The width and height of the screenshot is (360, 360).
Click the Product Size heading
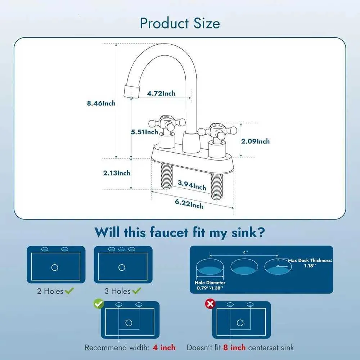click(180, 23)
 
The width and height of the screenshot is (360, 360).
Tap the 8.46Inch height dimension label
click(101, 103)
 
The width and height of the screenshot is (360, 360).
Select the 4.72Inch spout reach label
click(161, 94)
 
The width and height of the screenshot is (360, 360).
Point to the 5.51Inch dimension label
click(144, 132)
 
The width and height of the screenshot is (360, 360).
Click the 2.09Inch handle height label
click(255, 141)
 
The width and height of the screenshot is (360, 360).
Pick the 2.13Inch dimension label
click(117, 173)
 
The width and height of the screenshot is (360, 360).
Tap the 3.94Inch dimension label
click(192, 185)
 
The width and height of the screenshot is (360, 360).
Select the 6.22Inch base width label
click(189, 203)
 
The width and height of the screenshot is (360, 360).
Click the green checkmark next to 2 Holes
click(69, 291)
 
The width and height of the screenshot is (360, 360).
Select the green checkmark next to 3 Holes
click(137, 291)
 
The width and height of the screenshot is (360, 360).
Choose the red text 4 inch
click(164, 347)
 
